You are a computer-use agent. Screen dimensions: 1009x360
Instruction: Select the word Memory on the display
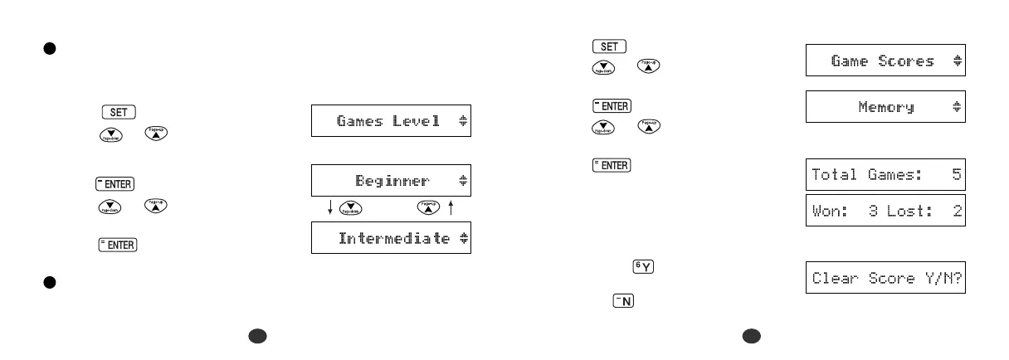click(886, 107)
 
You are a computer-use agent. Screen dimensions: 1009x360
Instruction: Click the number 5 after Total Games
click(958, 174)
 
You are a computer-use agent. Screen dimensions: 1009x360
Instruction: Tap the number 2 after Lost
click(958, 212)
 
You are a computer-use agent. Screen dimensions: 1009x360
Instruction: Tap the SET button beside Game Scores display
click(609, 46)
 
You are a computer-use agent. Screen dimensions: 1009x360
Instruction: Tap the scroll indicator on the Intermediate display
click(463, 238)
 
